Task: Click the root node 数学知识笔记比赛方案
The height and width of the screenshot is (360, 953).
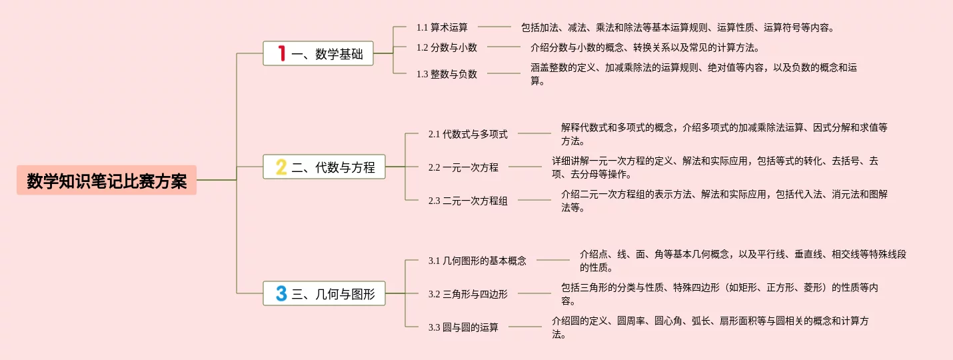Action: point(107,181)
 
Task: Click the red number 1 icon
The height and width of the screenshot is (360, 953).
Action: point(281,53)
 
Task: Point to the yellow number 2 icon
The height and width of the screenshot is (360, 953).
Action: point(281,167)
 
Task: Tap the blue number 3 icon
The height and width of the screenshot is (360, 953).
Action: point(281,293)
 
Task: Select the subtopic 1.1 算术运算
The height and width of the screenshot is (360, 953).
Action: point(442,27)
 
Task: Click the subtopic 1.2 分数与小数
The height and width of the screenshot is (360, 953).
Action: point(447,47)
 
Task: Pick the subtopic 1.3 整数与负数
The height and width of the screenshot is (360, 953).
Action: point(447,74)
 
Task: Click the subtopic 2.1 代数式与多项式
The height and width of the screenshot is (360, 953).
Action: point(468,134)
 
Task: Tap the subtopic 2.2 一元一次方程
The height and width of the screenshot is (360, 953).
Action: point(463,167)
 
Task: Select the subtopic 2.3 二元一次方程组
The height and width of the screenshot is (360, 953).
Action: point(468,201)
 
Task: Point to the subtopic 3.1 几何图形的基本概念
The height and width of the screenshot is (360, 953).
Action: point(477,261)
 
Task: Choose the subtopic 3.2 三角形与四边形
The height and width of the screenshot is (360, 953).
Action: point(468,293)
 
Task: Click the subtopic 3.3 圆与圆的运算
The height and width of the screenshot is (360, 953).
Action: point(463,327)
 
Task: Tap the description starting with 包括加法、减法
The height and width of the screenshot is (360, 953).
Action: point(677,27)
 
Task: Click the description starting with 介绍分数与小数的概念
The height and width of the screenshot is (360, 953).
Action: point(644,47)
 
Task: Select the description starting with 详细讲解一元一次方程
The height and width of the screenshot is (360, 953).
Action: point(714,167)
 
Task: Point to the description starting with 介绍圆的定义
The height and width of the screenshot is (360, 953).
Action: point(710,327)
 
